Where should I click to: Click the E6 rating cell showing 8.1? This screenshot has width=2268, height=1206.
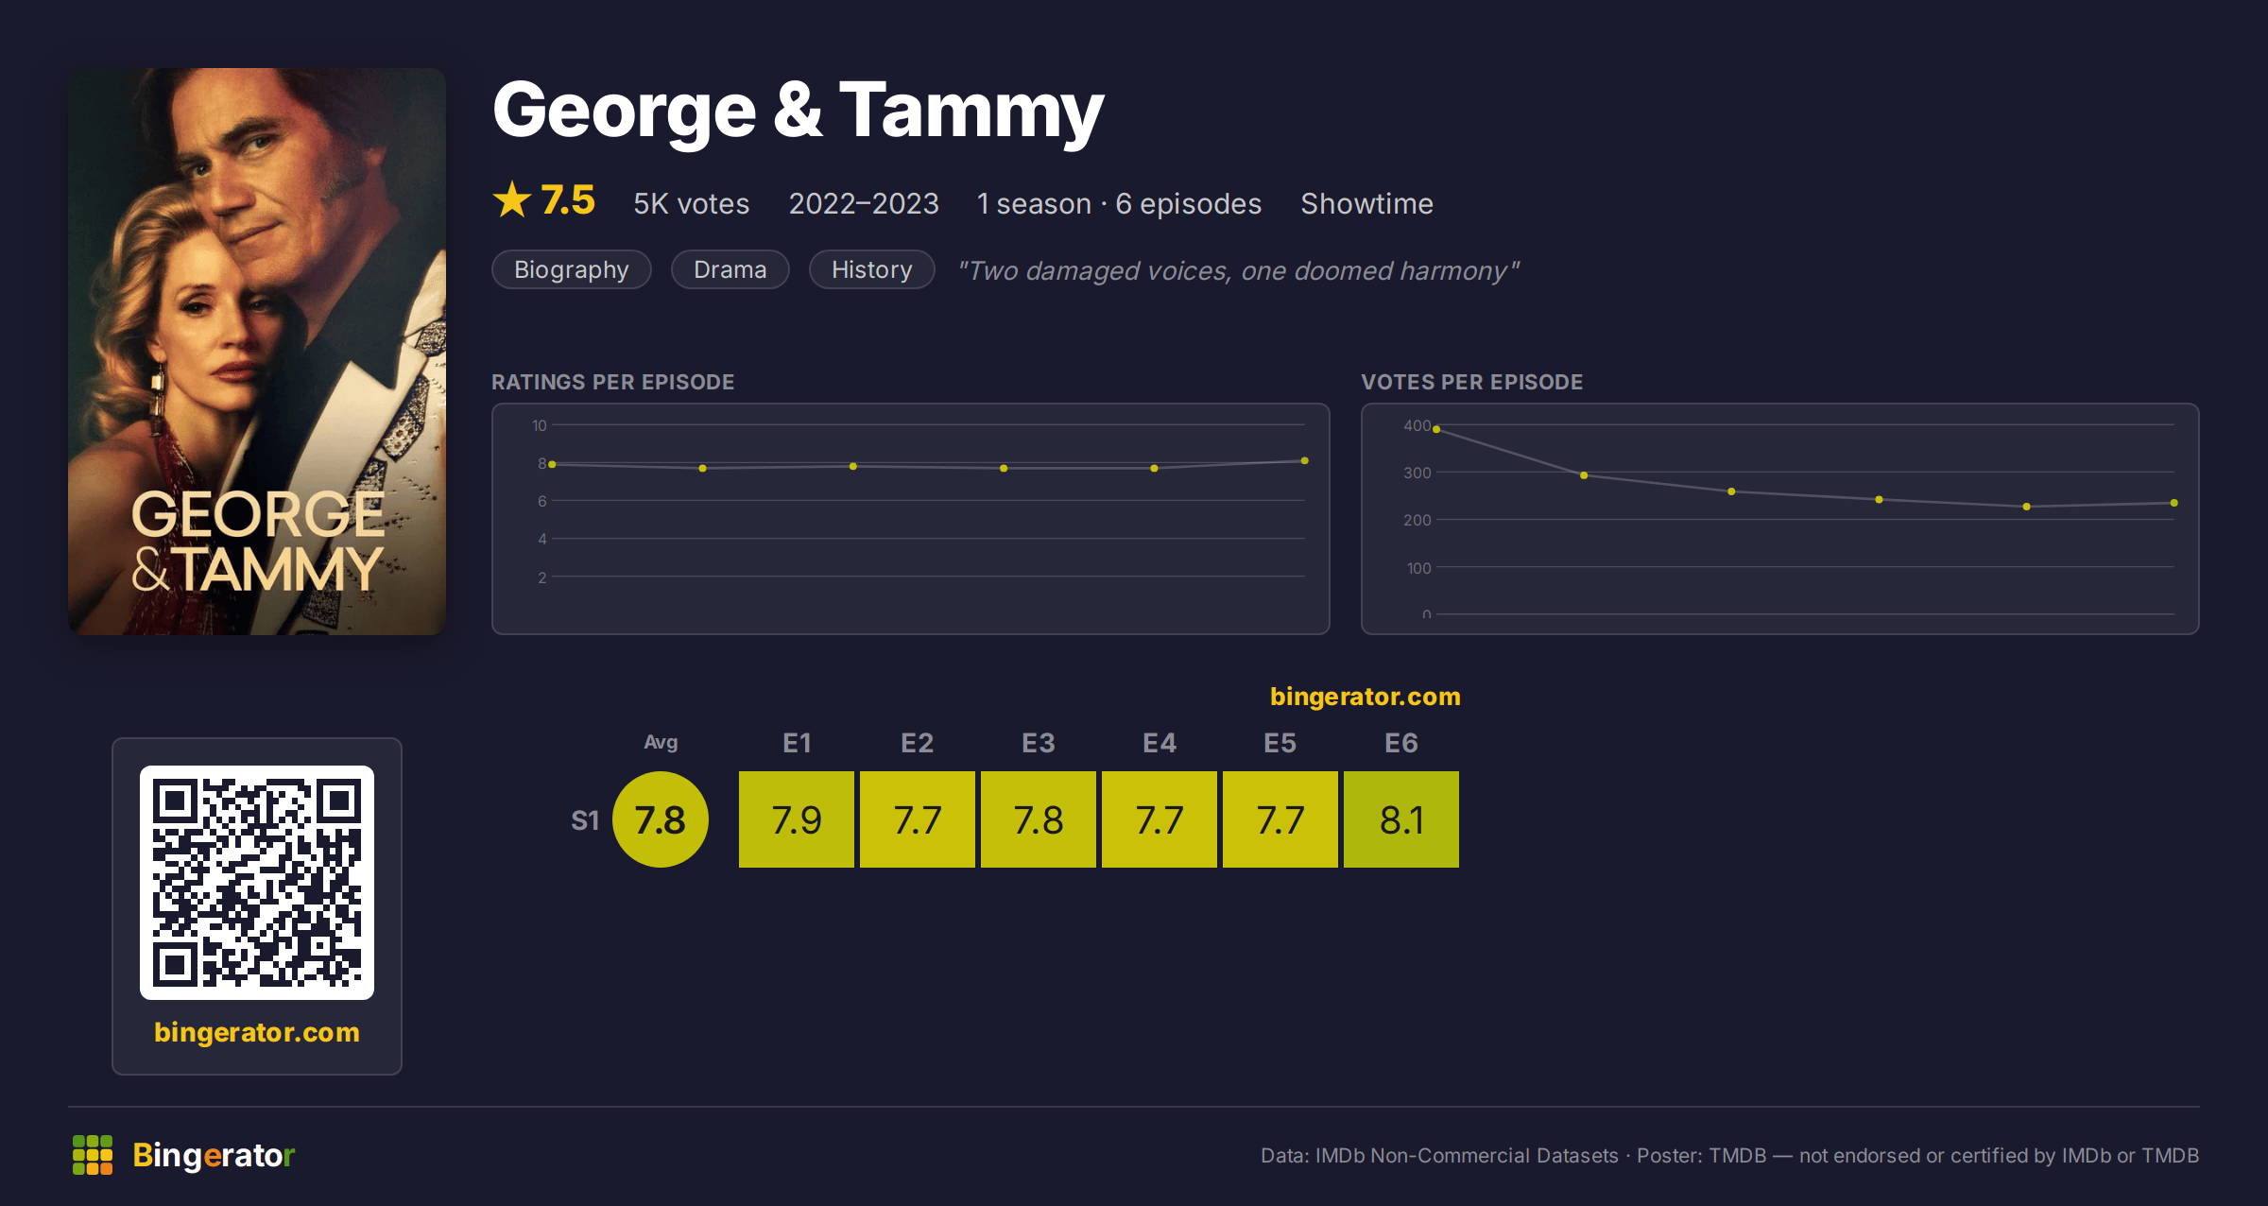coord(1400,819)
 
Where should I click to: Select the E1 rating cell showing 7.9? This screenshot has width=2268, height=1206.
coord(797,819)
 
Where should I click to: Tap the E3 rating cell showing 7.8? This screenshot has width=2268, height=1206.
coord(1039,819)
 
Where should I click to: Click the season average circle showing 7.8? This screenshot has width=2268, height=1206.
coord(661,819)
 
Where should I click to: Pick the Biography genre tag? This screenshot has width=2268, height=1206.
coord(572,269)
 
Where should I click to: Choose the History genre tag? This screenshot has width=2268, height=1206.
coord(872,269)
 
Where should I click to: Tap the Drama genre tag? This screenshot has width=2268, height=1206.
coord(730,269)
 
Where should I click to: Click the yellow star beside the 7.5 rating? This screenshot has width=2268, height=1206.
coord(512,199)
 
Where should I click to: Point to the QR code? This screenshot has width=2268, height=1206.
coord(257,883)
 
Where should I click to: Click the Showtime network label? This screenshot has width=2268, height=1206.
coord(1366,203)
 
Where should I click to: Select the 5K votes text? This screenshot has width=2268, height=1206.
coord(691,203)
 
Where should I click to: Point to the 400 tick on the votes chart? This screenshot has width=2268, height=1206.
coord(1417,425)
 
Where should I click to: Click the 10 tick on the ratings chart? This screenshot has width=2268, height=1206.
coord(539,425)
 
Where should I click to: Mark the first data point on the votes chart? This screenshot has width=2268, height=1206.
coord(1436,429)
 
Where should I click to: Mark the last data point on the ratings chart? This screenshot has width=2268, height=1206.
coord(1305,460)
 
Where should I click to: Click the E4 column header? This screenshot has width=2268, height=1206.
coord(1160,743)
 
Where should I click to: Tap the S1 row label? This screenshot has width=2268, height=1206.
coord(585,820)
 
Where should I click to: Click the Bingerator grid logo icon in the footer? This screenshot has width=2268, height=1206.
coord(93,1155)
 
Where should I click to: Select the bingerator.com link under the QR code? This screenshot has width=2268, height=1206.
coord(257,1032)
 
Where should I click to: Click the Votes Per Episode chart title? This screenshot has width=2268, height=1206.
coord(1471,382)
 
